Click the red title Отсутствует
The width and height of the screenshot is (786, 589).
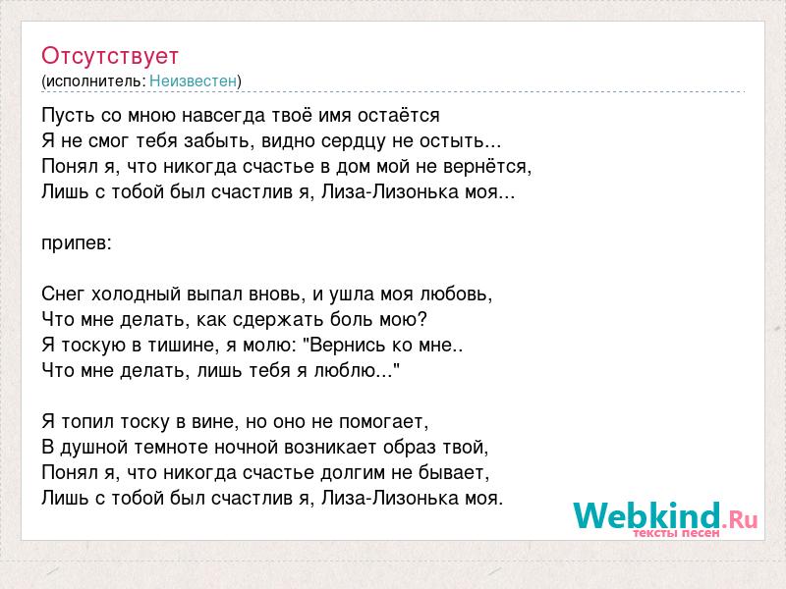pyautogui.click(x=110, y=56)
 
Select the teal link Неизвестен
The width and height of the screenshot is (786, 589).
pyautogui.click(x=193, y=80)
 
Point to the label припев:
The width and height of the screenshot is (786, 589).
pyautogui.click(x=77, y=243)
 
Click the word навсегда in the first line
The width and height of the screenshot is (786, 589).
pyautogui.click(x=223, y=116)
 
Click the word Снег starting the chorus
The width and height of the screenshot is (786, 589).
pyautogui.click(x=63, y=294)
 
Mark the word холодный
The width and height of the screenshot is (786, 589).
pyautogui.click(x=136, y=294)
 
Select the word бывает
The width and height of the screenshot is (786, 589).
pyautogui.click(x=453, y=473)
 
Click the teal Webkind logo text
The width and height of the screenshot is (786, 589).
pyautogui.click(x=647, y=515)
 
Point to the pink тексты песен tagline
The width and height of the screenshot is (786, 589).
pyautogui.click(x=676, y=533)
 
